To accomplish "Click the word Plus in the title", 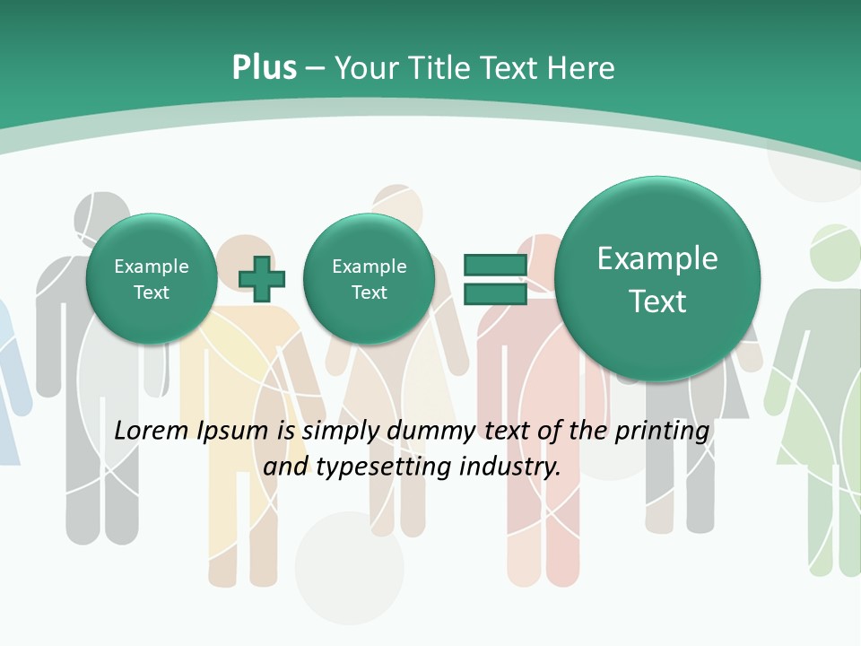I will (264, 68).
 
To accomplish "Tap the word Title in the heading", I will (439, 68).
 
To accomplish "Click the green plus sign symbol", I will (262, 279).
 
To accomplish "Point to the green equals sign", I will (494, 279).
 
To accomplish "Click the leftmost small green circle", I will (151, 279).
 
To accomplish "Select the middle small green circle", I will (369, 279).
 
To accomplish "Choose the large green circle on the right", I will (657, 279).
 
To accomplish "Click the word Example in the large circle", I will (657, 258).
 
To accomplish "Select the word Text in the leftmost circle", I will (151, 292).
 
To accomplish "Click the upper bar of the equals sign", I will (494, 265).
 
